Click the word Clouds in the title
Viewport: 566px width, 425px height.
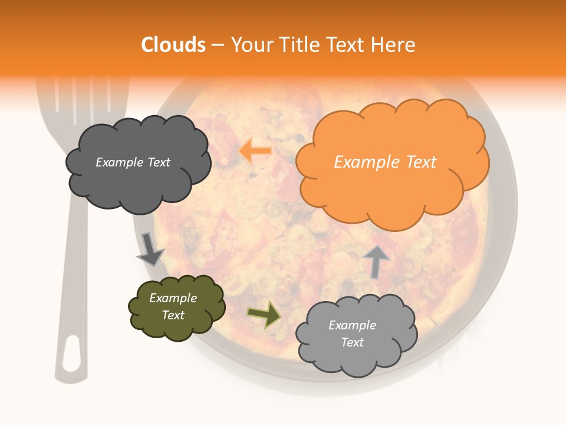(173, 45)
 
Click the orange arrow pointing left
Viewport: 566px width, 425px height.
(255, 151)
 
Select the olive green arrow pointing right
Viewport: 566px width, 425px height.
(265, 314)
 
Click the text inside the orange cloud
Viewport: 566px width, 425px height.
(385, 162)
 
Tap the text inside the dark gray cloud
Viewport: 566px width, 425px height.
(133, 162)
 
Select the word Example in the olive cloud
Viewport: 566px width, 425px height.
(173, 298)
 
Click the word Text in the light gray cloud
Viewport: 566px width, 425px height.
(352, 342)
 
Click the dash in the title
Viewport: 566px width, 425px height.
(217, 45)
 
